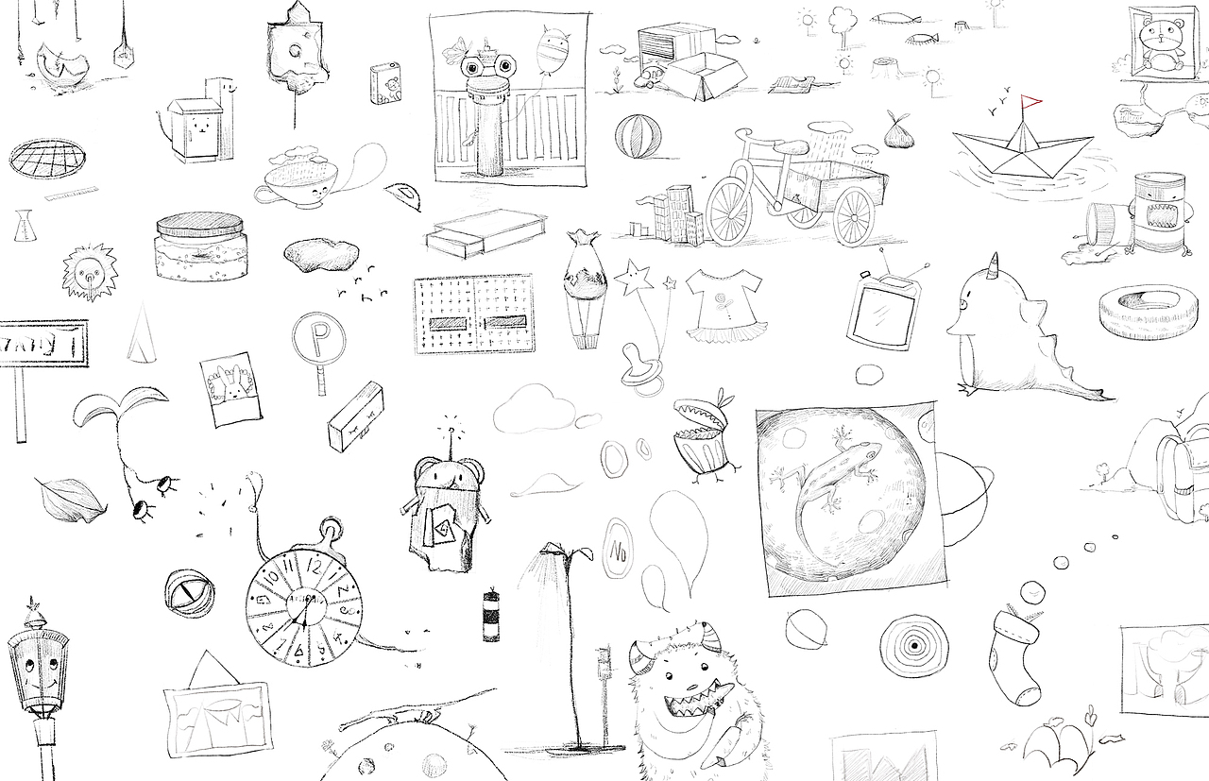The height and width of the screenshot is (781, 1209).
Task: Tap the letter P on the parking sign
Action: click(x=318, y=336)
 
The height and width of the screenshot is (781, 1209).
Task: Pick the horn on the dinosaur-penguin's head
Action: click(x=994, y=264)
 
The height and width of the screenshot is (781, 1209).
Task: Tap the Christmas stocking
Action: click(x=1014, y=656)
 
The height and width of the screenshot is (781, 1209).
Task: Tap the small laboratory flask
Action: click(x=23, y=226)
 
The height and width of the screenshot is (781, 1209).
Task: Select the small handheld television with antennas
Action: click(x=884, y=310)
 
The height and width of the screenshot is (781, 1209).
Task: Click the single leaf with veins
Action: click(x=71, y=498)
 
